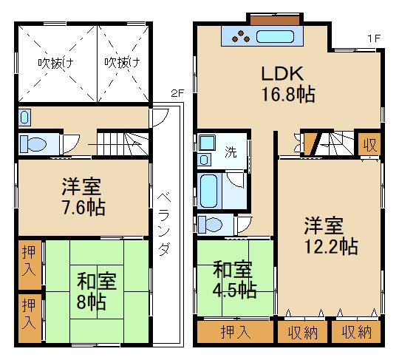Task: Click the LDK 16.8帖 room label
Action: coord(288,84)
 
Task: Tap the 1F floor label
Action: coord(374,38)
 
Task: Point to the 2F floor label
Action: coord(177,93)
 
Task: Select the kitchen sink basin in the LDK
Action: coord(275,37)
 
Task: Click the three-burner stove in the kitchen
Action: coord(241,37)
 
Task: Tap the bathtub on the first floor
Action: coord(208,191)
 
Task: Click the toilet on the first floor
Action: coord(210,224)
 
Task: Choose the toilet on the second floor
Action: coord(33,144)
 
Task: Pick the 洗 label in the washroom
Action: coord(231,152)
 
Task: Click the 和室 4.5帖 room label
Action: coord(234,279)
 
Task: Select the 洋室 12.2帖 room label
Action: coord(331,235)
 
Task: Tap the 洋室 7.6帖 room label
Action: coord(83,197)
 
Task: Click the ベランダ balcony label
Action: coord(163,224)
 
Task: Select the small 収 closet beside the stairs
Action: coord(369,145)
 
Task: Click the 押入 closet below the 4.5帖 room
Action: coord(236,332)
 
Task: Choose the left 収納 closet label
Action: coord(302,332)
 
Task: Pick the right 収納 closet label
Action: coord(356,332)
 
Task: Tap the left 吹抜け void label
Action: coord(56,63)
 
